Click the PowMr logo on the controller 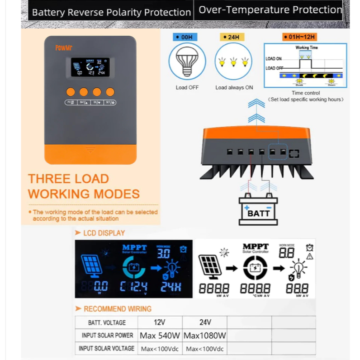coord(61,47)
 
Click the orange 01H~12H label coord(299,37)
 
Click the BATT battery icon coord(258,209)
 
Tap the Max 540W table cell coord(160,336)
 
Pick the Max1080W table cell coord(204,336)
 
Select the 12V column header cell coord(160,322)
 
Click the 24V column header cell coord(204,322)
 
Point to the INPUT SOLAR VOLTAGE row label coord(106,349)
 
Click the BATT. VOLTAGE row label coord(106,322)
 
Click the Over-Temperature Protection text coord(270,9)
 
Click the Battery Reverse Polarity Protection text coord(111,12)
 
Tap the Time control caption coord(306,93)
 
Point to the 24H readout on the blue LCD coord(171,286)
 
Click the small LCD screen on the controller coord(90,66)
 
